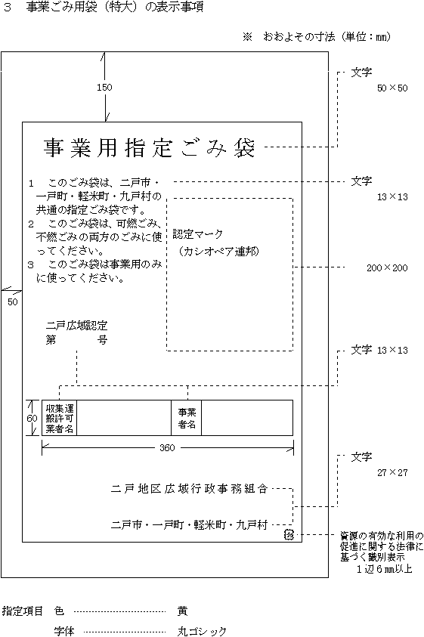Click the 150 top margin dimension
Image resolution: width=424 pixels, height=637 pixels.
[x=104, y=88]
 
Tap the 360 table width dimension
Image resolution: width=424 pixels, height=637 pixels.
[x=167, y=447]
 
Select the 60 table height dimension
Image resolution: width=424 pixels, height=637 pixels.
[x=32, y=419]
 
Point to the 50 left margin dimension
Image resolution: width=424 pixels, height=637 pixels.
[x=13, y=301]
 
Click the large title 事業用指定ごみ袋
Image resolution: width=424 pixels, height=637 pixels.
[x=149, y=148]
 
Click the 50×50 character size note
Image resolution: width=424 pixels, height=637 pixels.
[x=392, y=88]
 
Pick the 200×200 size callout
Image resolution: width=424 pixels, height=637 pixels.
[x=387, y=267]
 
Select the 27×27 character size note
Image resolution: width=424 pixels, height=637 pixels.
[x=392, y=472]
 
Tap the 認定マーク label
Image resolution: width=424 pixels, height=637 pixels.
[x=198, y=234]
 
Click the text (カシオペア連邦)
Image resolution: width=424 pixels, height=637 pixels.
[x=218, y=252]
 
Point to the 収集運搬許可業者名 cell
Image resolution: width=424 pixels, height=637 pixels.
[x=60, y=419]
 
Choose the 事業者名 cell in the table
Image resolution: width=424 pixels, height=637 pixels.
[x=187, y=419]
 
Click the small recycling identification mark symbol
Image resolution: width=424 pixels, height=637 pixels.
[x=289, y=535]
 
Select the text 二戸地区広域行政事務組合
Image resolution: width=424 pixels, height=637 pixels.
[x=190, y=489]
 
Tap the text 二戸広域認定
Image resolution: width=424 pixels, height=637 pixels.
[x=77, y=326]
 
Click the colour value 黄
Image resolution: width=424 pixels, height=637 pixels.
[x=183, y=611]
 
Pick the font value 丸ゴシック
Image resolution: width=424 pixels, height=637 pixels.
[x=202, y=631]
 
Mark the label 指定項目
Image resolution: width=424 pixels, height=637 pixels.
[x=23, y=611]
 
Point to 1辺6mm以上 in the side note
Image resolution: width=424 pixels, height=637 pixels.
[x=385, y=569]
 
